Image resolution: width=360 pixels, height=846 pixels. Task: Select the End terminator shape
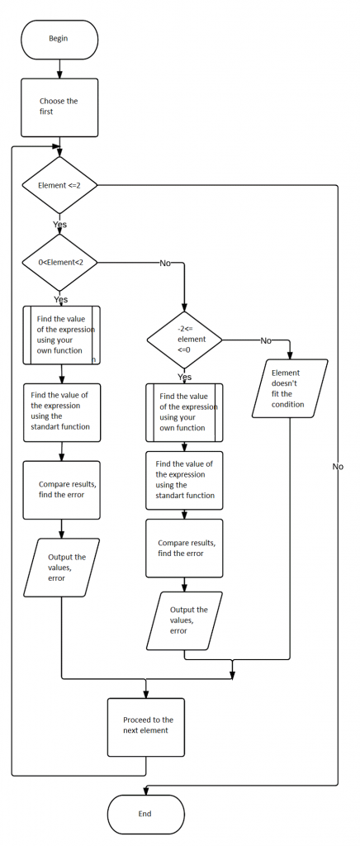(x=145, y=814)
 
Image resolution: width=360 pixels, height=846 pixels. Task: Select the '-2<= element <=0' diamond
(x=184, y=339)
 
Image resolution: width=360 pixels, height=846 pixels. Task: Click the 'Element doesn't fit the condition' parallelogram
(x=289, y=388)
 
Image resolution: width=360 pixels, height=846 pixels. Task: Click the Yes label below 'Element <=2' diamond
(x=60, y=224)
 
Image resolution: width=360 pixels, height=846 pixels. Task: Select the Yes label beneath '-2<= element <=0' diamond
(x=184, y=377)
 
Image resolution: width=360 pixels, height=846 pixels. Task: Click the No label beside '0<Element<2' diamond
(x=165, y=263)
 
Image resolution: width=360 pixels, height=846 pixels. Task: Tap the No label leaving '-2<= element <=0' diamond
(x=266, y=340)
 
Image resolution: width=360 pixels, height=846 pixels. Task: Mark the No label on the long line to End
(x=337, y=467)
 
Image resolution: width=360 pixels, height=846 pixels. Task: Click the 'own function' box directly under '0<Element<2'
(x=61, y=335)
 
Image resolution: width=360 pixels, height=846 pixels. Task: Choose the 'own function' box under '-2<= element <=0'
(x=184, y=412)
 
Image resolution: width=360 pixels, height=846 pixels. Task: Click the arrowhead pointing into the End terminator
(x=145, y=791)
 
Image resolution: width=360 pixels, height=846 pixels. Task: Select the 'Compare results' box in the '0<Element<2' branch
(x=61, y=490)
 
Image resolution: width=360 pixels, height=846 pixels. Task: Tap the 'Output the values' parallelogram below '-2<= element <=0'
(x=184, y=620)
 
